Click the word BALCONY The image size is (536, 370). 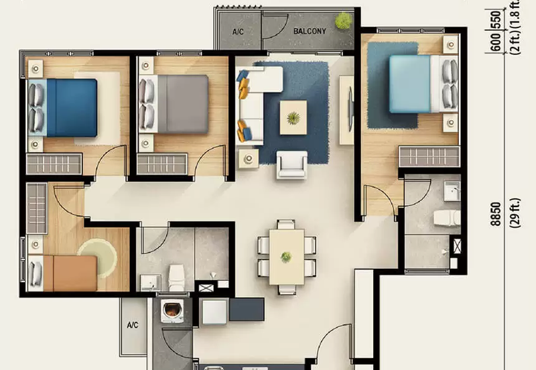coord(310,31)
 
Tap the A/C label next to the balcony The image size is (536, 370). coord(238,32)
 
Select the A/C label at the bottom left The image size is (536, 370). coord(132,325)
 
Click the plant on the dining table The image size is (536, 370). coord(287,256)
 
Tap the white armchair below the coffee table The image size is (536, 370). coord(292,164)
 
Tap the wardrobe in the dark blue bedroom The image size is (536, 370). coord(54,164)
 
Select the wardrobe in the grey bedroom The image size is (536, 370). coord(161,164)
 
